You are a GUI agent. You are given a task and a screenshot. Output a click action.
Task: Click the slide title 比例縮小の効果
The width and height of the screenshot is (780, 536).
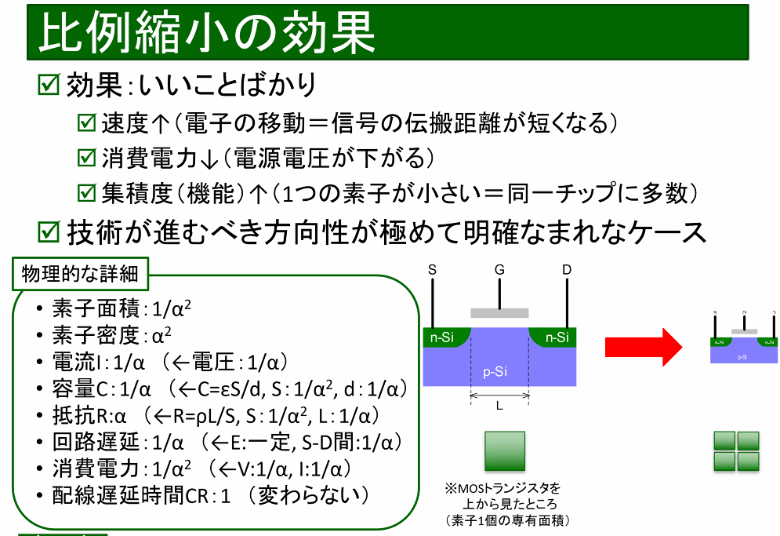(207, 33)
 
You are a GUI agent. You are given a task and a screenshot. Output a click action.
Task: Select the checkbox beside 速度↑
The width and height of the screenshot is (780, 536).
(86, 123)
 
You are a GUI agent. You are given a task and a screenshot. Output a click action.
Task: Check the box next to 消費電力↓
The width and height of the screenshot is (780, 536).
(86, 158)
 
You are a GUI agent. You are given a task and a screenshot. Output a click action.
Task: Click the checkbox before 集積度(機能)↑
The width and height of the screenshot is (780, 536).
(86, 192)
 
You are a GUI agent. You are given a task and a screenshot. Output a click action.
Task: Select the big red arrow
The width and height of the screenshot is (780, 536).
(645, 345)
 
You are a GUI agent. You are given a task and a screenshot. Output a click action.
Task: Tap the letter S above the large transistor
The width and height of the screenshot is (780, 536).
(432, 270)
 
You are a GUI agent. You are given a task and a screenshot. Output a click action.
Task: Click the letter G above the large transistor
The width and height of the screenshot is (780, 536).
(499, 270)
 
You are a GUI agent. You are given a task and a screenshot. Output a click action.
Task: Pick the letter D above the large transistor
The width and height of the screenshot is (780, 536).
(567, 270)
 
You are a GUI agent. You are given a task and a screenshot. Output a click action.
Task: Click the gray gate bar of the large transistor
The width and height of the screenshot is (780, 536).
(499, 312)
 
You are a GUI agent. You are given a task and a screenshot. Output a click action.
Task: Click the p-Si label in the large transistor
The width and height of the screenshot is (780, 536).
(495, 371)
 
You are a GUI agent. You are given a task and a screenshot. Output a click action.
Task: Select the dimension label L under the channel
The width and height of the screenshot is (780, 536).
(499, 407)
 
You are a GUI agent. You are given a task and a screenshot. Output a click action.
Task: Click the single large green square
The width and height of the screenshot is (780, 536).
(505, 451)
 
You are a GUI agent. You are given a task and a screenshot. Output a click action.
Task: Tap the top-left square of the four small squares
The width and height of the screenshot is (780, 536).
(724, 440)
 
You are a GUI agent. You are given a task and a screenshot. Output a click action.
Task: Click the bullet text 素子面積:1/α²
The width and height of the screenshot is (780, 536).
(122, 308)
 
